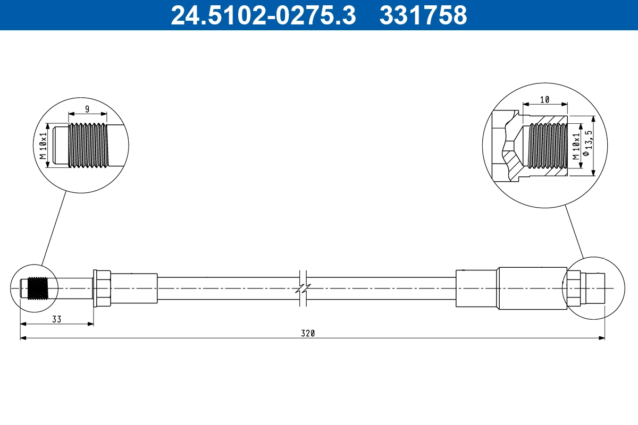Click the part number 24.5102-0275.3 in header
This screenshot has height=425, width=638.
[263, 15]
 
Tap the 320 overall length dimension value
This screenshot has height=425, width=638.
[308, 334]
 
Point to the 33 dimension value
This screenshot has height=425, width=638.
[56, 319]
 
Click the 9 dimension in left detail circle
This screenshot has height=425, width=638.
[88, 109]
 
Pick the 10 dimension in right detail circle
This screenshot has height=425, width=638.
[544, 99]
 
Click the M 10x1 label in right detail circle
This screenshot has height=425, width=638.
[576, 146]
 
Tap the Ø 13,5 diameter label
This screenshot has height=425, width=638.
[586, 146]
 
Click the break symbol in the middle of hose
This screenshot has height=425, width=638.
[305, 288]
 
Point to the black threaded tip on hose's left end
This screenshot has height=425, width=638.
[37, 288]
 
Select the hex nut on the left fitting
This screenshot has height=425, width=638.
[102, 288]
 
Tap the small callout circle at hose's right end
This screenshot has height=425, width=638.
[591, 288]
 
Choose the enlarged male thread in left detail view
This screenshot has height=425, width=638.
[88, 146]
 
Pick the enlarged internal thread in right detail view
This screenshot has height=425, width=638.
[548, 146]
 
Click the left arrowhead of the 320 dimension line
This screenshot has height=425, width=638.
[23, 338]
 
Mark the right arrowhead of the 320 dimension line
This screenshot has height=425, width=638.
[602, 338]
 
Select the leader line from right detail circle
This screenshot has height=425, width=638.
[574, 231]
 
